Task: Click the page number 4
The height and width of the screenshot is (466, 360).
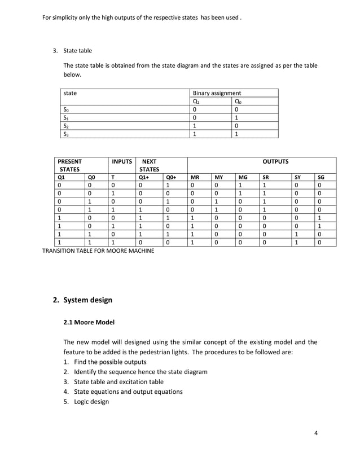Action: pyautogui.click(x=316, y=433)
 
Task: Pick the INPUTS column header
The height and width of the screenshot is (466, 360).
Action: pyautogui.click(x=122, y=161)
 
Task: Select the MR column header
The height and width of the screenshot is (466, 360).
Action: pyautogui.click(x=195, y=177)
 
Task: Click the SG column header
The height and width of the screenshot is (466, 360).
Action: pyautogui.click(x=321, y=177)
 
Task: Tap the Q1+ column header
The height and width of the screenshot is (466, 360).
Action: pyautogui.click(x=144, y=177)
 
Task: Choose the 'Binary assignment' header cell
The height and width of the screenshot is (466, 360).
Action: pyautogui.click(x=217, y=93)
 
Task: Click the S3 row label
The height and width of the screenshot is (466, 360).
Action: pyautogui.click(x=67, y=134)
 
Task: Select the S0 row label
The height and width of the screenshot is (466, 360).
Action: pyautogui.click(x=67, y=110)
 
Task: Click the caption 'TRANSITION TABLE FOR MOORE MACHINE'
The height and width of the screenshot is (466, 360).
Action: pyautogui.click(x=98, y=251)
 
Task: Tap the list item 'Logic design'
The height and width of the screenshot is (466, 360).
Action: pyautogui.click(x=91, y=402)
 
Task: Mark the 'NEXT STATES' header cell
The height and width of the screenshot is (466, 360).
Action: pyautogui.click(x=150, y=165)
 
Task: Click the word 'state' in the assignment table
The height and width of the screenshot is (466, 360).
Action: pyautogui.click(x=71, y=93)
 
